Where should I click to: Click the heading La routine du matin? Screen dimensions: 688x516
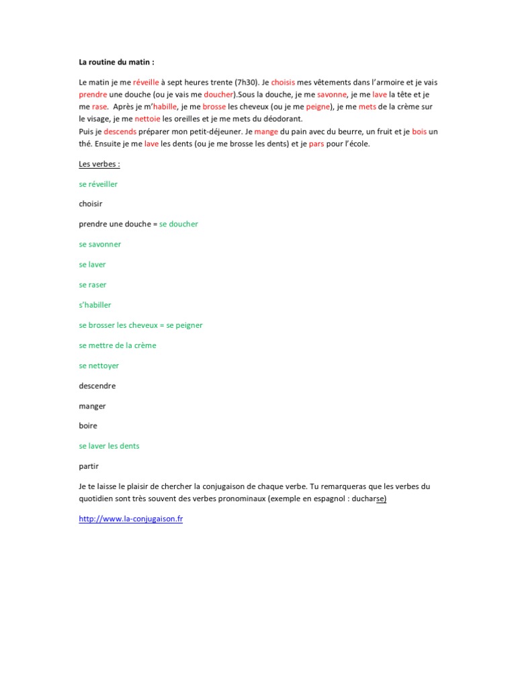116,62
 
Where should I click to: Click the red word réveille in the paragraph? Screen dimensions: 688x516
146,82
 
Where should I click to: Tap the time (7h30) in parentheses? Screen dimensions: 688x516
248,82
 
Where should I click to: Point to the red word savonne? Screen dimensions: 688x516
332,95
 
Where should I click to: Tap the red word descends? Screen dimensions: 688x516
120,132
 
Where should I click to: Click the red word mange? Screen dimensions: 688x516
266,132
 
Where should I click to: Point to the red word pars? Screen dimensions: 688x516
316,144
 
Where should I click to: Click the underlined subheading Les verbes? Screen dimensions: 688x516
99,164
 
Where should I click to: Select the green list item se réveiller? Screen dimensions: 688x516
98,183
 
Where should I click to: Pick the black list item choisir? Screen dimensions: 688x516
91,203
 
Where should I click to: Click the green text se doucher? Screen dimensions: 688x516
179,224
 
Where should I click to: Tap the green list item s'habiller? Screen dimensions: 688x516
95,305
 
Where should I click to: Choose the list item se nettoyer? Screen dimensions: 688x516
99,365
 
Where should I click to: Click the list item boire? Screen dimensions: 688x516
88,425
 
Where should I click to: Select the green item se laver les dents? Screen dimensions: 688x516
109,445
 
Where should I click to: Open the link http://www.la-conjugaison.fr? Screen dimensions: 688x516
130,519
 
